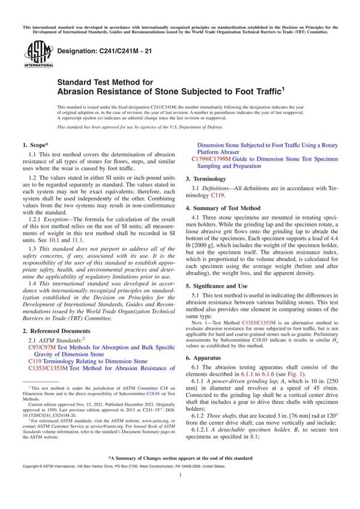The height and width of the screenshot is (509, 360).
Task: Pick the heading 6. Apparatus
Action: [211, 349]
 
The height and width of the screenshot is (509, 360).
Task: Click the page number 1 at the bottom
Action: [180, 492]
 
